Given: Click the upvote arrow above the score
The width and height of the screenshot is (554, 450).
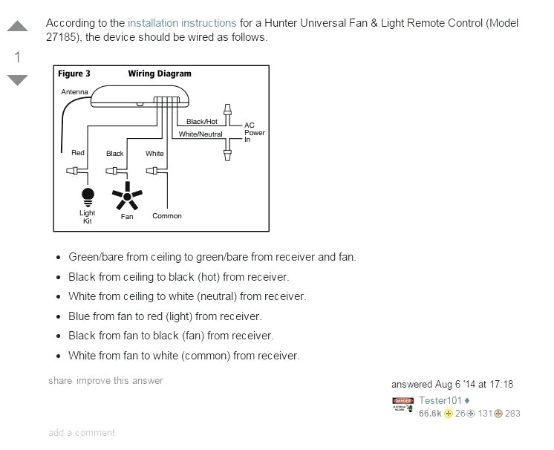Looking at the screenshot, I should (17, 27).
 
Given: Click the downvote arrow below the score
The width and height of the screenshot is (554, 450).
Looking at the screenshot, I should (17, 79).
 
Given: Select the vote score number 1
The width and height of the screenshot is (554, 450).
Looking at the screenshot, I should (17, 57).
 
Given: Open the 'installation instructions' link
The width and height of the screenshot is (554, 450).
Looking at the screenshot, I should (182, 23).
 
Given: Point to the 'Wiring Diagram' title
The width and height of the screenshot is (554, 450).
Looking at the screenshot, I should (160, 74).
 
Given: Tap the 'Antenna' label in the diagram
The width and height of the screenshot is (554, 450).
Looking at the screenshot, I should (74, 92).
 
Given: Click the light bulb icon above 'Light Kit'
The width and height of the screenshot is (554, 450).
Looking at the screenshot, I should (88, 196).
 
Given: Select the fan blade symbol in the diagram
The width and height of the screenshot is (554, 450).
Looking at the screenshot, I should (127, 197).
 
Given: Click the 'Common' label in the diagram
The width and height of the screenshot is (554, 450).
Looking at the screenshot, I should (167, 216).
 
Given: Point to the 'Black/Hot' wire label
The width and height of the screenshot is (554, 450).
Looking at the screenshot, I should (202, 121).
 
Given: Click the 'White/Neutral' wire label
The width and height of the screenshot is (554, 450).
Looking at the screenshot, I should (201, 134).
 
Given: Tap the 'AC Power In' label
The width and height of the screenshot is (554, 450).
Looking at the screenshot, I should (254, 133).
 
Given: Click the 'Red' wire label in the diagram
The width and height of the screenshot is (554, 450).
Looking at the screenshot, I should (78, 153).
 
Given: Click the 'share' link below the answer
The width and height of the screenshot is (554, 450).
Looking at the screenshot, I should (60, 381).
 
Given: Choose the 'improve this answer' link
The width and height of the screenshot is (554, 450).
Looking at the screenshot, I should (120, 381).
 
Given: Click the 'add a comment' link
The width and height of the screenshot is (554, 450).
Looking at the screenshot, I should (82, 433).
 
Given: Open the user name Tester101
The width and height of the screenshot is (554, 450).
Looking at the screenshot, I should (440, 401).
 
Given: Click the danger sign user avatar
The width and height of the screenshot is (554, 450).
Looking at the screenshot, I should (403, 405).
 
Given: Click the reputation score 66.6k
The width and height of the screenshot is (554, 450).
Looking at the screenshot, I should (430, 414).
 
